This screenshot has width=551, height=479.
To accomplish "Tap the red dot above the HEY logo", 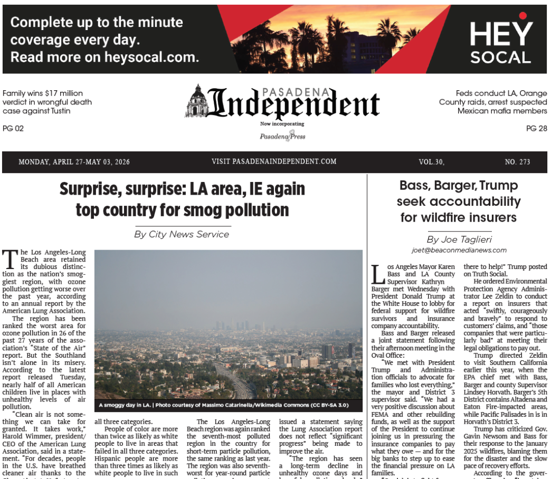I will pos(522,16).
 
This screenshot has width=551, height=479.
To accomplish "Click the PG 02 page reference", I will pos(13,128).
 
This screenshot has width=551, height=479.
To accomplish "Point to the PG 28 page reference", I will pos(536,128).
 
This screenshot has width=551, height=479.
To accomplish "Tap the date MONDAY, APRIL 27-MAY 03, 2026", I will pos(74,162).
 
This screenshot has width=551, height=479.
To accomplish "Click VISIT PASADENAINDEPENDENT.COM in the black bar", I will pos(274,161).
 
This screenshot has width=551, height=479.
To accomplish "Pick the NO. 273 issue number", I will pos(517,162).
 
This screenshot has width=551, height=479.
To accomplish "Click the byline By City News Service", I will pos(182,234).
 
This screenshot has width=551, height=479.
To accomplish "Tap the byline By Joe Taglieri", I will pos(459,240).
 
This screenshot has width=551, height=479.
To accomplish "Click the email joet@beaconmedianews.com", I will pos(459,250).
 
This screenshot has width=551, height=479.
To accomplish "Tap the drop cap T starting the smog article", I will pos(9,260).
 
